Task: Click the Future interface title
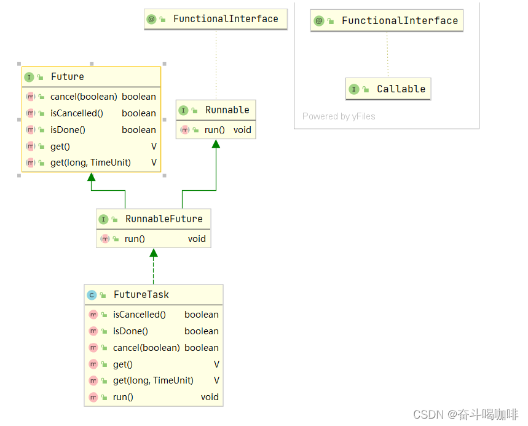click(67, 77)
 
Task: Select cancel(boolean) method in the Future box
click(84, 97)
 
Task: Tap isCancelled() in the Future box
click(76, 113)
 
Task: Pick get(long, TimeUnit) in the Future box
click(90, 163)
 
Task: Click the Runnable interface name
click(227, 110)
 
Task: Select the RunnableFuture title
click(164, 219)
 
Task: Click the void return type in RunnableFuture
click(197, 239)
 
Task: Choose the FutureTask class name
click(141, 295)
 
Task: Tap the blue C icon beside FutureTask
click(92, 295)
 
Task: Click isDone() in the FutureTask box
click(130, 331)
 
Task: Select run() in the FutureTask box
click(123, 397)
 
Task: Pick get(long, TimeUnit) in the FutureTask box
click(153, 380)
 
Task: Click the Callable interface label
click(401, 89)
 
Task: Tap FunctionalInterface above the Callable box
click(400, 21)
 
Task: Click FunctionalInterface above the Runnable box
click(226, 19)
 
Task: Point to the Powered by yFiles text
click(339, 116)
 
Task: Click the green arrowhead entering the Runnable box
click(216, 144)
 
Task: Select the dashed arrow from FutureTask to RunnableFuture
click(154, 268)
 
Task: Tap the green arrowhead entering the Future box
click(92, 178)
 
